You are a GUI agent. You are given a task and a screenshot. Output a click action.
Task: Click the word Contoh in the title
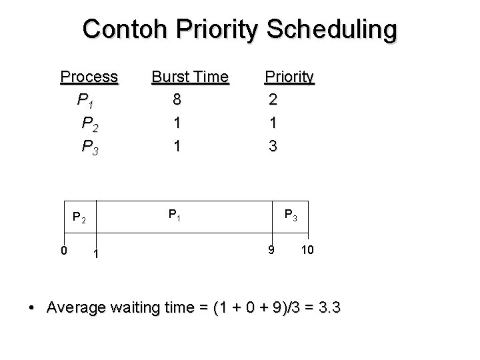123,29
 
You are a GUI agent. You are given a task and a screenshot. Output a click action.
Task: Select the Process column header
89,78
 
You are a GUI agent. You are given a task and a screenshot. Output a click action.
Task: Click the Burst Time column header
190,78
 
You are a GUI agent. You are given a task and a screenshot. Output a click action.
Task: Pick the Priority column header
289,78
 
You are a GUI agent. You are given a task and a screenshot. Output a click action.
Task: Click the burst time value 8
176,101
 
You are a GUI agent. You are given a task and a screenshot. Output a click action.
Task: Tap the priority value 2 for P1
271,101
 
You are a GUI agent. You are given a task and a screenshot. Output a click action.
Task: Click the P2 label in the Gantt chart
79,217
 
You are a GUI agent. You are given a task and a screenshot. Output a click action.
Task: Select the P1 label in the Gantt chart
175,215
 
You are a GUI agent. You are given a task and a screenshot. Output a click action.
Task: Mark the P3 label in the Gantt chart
291,215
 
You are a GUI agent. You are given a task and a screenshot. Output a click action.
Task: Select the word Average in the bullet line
75,308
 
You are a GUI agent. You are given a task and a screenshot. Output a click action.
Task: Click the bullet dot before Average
32,309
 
